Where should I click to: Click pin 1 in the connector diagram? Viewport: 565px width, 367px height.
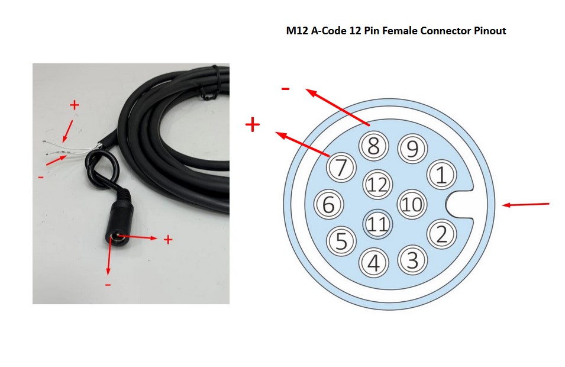click(441, 175)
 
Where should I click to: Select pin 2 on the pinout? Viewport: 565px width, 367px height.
click(441, 235)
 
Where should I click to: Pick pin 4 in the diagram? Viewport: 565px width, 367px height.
click(373, 262)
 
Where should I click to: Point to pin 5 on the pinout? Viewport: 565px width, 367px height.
click(341, 240)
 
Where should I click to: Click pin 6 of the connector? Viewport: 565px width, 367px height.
click(329, 205)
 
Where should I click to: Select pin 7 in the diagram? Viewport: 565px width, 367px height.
click(341, 168)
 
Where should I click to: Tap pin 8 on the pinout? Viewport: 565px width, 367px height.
click(373, 146)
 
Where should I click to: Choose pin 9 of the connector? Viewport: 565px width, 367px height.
click(412, 149)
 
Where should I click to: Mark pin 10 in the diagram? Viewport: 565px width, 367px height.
click(412, 205)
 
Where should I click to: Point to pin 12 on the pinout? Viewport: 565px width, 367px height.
click(377, 185)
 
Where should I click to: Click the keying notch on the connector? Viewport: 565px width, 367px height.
click(459, 205)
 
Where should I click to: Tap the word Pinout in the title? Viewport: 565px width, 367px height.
click(490, 31)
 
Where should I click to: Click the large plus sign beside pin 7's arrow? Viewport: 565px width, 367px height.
click(253, 124)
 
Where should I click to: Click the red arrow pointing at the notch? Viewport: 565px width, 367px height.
click(526, 205)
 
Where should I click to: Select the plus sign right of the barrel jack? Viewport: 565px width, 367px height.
click(168, 239)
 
